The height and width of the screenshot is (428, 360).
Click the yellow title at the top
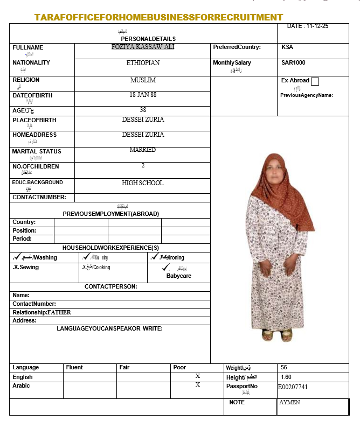pos(159,17)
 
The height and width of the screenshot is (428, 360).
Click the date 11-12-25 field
pos(308,26)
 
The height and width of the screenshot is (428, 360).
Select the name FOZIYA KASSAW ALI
pos(143,47)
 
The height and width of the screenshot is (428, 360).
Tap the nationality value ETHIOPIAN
pos(143,63)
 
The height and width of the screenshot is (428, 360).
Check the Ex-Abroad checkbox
pos(315,82)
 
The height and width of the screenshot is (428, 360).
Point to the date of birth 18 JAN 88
pos(143,94)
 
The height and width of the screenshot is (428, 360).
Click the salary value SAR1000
pos(293,63)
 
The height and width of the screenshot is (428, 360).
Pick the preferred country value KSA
pos(287,47)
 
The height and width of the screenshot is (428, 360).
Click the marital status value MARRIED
pos(143,150)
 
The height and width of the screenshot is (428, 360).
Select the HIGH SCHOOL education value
pos(143,183)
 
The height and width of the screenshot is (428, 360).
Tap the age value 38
pos(143,110)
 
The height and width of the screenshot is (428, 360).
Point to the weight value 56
pos(284,368)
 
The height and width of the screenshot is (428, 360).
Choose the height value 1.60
pos(286,377)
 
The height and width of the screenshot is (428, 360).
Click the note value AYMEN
pos(290,402)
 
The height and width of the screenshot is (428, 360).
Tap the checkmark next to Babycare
pos(165,267)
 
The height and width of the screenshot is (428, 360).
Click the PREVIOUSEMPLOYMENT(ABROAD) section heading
pos(111,214)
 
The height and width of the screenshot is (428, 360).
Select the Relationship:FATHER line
pos(42,312)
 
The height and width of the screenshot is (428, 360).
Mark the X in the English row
pos(198,376)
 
